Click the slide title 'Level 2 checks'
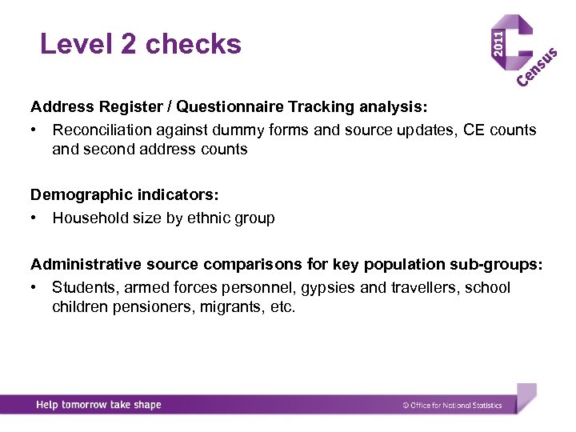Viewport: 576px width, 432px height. [x=141, y=44]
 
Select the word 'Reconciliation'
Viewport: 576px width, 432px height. [x=101, y=130]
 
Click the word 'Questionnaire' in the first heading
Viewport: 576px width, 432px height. [x=226, y=106]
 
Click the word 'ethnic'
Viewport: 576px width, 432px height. [x=209, y=218]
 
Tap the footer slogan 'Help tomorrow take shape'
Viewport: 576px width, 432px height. [x=98, y=405]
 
